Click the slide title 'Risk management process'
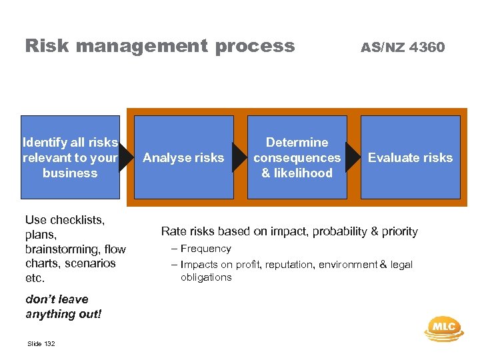[159, 46]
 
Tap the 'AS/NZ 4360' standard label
[402, 47]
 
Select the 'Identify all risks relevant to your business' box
[70, 157]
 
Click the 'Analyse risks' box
[183, 157]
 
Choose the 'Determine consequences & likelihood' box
[297, 157]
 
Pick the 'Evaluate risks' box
[410, 157]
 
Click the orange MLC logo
[443, 327]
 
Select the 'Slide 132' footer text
[41, 343]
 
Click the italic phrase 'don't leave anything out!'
[63, 307]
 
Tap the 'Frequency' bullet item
[205, 249]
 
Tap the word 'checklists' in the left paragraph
[77, 219]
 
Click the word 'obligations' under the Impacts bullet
[206, 277]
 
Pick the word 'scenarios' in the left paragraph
[89, 263]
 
